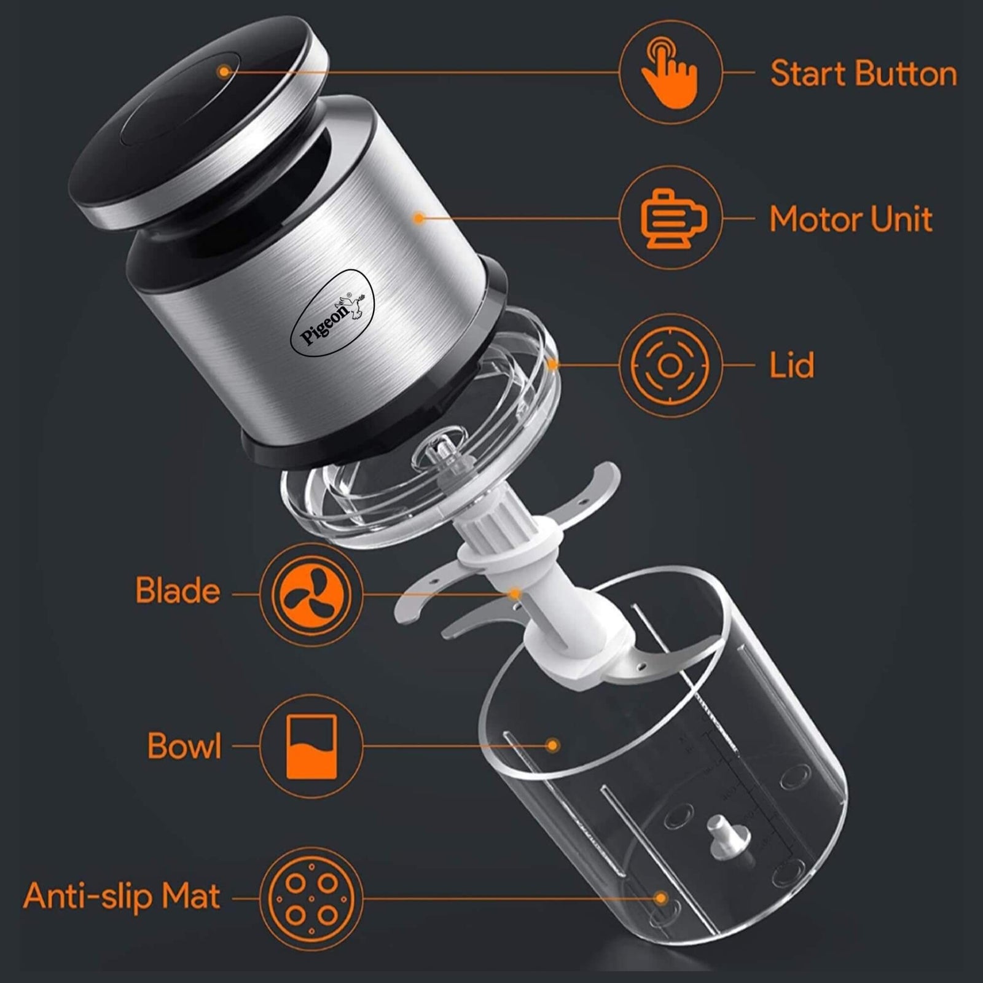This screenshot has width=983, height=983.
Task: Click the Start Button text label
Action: tap(863, 74)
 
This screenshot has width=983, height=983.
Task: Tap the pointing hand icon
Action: tap(669, 72)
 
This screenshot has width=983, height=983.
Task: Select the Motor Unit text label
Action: tap(851, 219)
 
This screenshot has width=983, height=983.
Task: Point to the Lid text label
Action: tap(792, 365)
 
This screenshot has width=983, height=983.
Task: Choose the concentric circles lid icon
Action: tap(669, 366)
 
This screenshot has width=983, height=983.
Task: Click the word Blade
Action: tap(178, 590)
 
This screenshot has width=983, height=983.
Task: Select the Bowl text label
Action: tap(184, 746)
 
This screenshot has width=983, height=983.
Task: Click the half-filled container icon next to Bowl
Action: tap(311, 746)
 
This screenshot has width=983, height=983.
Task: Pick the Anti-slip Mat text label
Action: tap(122, 896)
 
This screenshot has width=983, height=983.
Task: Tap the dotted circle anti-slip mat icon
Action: tap(311, 898)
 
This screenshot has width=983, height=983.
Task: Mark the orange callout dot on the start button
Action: tap(224, 72)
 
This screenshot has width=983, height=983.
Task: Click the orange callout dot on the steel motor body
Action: tap(419, 217)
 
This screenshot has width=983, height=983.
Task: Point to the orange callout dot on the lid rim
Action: tap(553, 365)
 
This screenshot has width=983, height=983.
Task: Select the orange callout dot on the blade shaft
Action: tap(515, 593)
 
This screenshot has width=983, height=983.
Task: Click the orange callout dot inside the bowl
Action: tap(553, 745)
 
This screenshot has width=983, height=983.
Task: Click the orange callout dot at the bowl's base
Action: tap(661, 898)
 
